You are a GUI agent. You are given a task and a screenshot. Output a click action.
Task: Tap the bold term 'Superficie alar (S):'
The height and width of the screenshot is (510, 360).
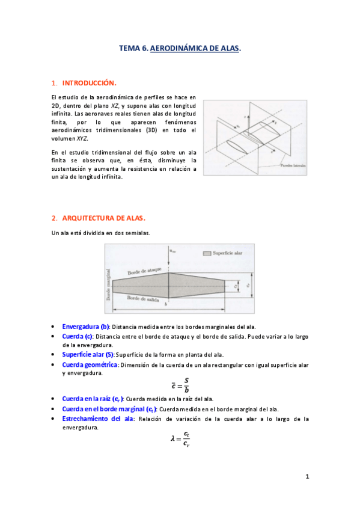(x=88, y=355)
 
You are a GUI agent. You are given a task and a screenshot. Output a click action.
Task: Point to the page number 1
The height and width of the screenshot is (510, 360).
(x=307, y=477)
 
